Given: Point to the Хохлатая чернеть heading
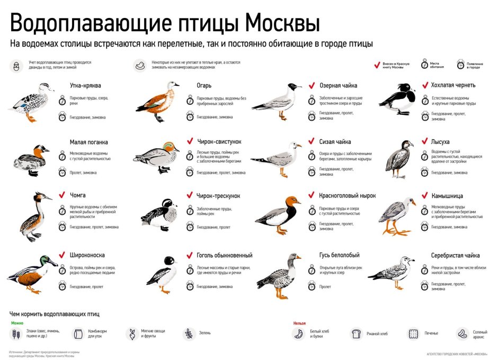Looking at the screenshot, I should pyautogui.click(x=453, y=85).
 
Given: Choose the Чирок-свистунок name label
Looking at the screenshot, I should pyautogui.click(x=219, y=142).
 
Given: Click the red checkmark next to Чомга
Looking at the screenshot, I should pyautogui.click(x=62, y=194).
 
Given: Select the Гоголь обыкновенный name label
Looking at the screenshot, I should pyautogui.click(x=225, y=255).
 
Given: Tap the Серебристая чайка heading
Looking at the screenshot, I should pyautogui.click(x=456, y=255).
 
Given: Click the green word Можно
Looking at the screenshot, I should pyautogui.click(x=17, y=322).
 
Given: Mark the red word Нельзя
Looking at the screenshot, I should pyautogui.click(x=299, y=322).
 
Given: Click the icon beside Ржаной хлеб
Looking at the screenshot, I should pyautogui.click(x=357, y=334).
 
